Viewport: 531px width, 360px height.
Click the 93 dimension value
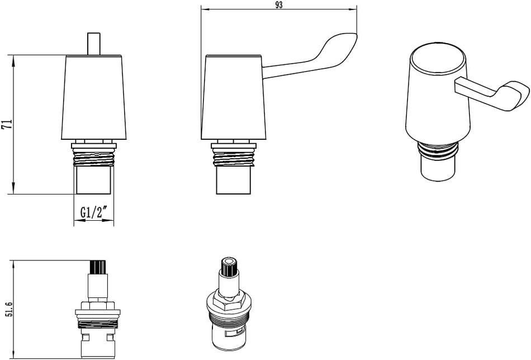coord(279,5)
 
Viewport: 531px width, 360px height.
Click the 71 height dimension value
coord(7,124)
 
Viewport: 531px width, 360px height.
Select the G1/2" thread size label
coord(94,213)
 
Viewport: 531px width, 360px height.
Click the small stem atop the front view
coord(94,44)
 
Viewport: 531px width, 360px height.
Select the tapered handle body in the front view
coord(94,98)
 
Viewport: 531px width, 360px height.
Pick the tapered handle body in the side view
coord(233,98)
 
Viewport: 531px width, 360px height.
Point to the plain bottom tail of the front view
coord(94,181)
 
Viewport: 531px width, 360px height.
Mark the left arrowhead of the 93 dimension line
coord(203,10)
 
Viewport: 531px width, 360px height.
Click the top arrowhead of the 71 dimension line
coord(12,58)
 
